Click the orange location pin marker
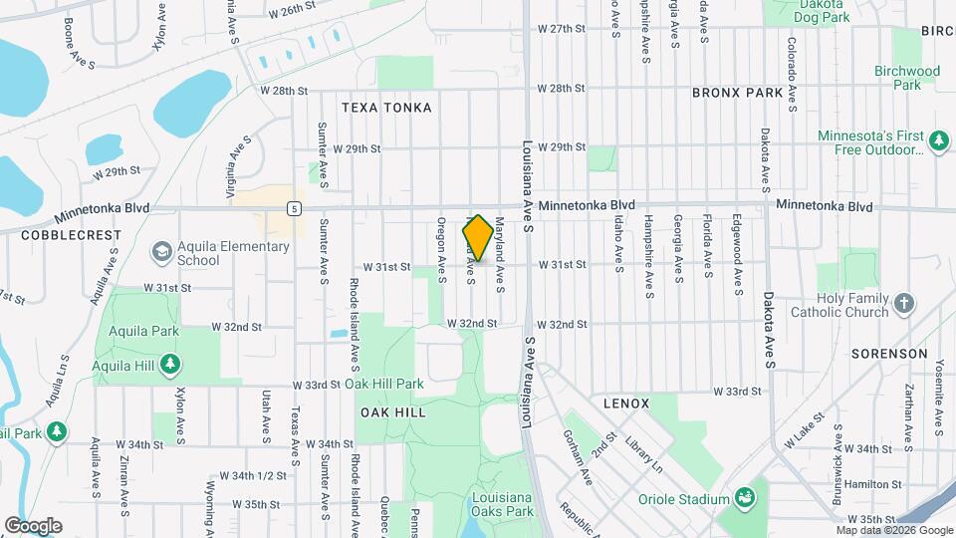point(477,238)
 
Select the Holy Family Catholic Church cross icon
point(903,303)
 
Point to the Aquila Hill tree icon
point(171,365)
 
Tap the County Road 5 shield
point(294,208)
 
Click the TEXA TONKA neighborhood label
point(386,108)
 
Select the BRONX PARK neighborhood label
point(738,93)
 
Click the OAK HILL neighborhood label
point(392,412)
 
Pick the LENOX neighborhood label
point(626,403)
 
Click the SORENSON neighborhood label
point(889,354)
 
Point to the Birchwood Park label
point(906,78)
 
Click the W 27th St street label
point(560,29)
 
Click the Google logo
point(33,526)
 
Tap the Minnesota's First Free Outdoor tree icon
point(938,142)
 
